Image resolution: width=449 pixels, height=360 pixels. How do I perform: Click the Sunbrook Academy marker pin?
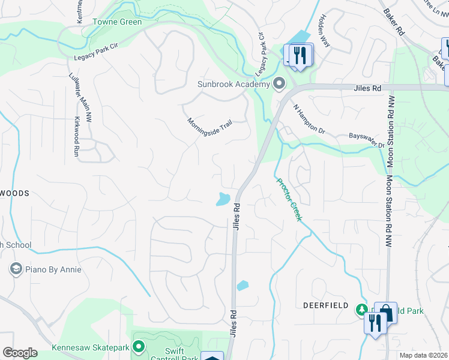(278, 83)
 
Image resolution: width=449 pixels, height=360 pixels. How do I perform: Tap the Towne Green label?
(117, 22)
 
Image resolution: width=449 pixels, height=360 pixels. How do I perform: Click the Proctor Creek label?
(289, 199)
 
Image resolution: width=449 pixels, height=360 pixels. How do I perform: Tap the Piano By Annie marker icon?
(16, 269)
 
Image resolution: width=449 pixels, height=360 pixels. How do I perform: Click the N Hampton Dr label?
(309, 118)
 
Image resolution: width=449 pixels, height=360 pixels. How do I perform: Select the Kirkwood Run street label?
(77, 137)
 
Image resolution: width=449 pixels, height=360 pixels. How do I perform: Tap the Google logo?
(20, 353)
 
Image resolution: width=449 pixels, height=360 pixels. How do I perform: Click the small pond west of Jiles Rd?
(223, 199)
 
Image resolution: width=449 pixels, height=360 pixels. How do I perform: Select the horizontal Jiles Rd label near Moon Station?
(367, 88)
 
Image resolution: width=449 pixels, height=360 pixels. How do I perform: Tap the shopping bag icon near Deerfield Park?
(385, 312)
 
